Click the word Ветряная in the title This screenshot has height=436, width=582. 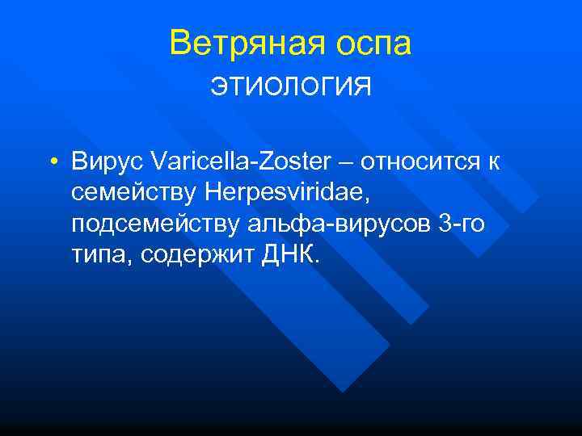click(238, 44)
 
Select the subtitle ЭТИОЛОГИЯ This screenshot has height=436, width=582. click(291, 86)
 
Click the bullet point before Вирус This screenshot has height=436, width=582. click(52, 163)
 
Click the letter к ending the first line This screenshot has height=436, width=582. click(493, 163)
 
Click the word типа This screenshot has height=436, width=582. click(100, 257)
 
